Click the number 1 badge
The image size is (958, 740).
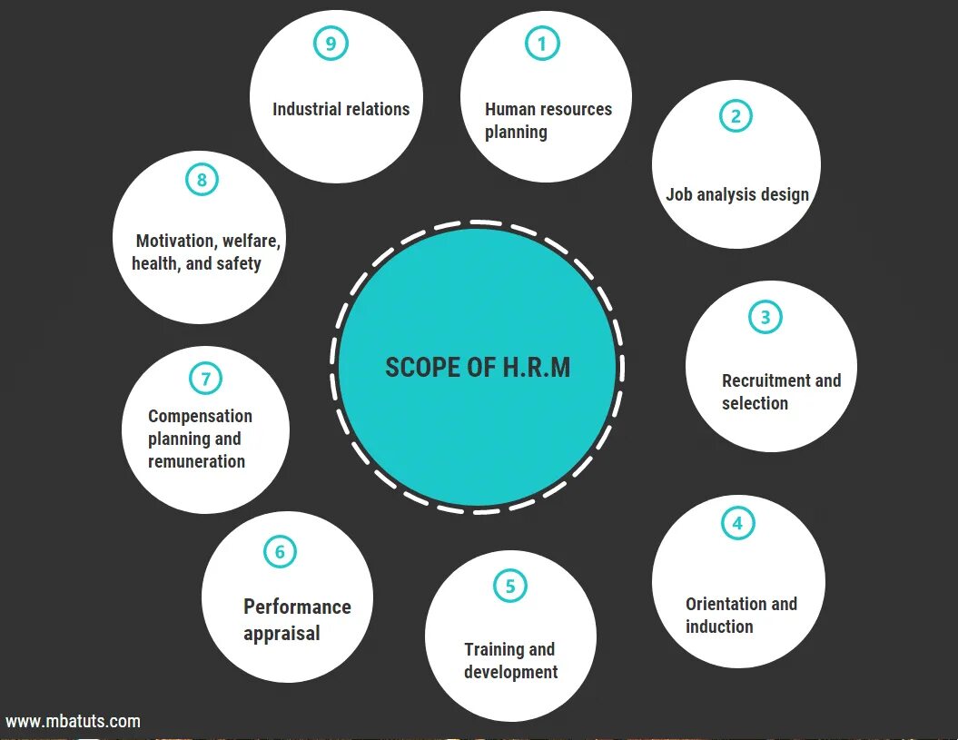[x=542, y=44]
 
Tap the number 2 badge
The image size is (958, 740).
[x=736, y=115]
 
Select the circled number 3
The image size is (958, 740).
[x=765, y=317]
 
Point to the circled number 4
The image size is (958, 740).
[x=737, y=523]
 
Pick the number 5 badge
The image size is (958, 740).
[x=509, y=586]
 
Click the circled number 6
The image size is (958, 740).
[x=280, y=551]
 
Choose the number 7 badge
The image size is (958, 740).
[x=205, y=379]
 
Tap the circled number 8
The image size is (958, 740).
[x=202, y=180]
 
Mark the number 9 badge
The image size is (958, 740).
[x=331, y=44]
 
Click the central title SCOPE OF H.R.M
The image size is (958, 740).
[x=478, y=367]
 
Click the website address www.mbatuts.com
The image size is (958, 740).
[x=74, y=722]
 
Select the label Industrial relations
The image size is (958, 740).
[x=341, y=109]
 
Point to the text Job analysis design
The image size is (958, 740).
[x=736, y=194]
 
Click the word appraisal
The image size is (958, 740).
[x=281, y=633]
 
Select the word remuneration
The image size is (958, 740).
[x=196, y=461]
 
